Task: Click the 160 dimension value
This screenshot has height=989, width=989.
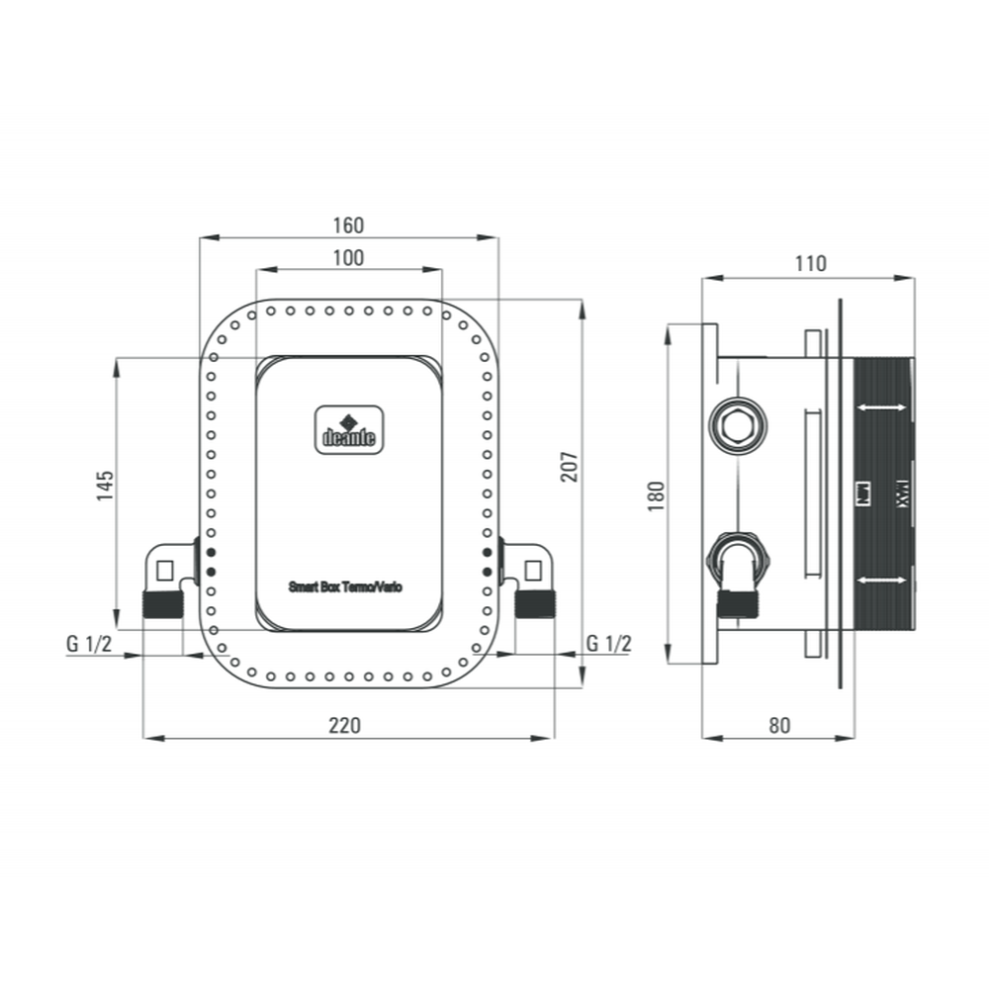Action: pyautogui.click(x=348, y=225)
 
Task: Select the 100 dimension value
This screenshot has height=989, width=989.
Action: pyautogui.click(x=348, y=258)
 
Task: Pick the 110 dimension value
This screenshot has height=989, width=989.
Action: pyautogui.click(x=809, y=264)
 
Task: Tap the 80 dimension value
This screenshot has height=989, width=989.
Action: pyautogui.click(x=779, y=725)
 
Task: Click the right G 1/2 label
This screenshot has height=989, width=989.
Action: pyautogui.click(x=608, y=643)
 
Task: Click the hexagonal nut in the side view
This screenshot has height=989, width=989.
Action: pyautogui.click(x=737, y=426)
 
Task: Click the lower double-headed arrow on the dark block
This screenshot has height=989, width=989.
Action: pyautogui.click(x=882, y=579)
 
